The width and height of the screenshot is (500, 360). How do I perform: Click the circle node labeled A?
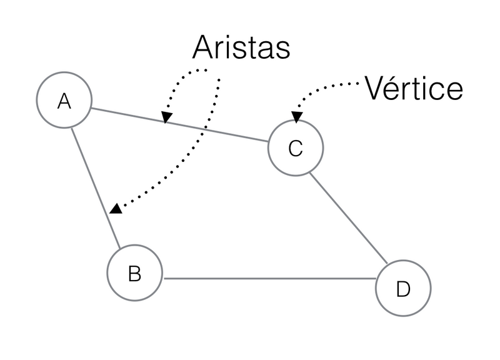click(x=64, y=101)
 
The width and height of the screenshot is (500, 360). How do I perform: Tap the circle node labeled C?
click(x=296, y=148)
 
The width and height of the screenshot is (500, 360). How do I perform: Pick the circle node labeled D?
click(x=403, y=288)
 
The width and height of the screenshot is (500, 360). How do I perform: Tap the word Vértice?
click(x=414, y=89)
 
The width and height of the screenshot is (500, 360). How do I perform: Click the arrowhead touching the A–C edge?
click(x=166, y=117)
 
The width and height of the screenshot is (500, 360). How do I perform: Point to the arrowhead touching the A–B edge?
click(x=114, y=209)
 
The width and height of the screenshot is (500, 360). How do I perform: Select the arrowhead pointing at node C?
click(x=296, y=117)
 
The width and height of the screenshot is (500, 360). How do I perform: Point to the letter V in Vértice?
click(x=374, y=89)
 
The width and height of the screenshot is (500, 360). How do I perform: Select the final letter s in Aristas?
click(x=283, y=50)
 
